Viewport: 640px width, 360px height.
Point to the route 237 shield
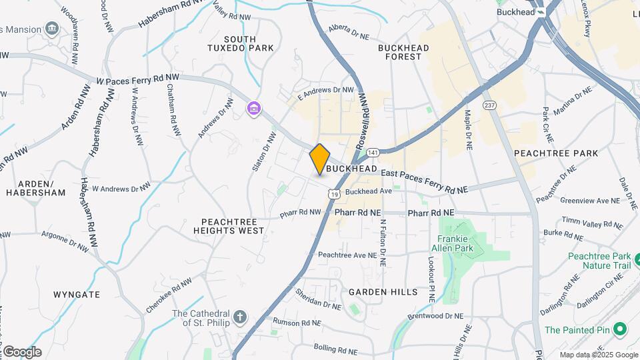(x=490, y=105)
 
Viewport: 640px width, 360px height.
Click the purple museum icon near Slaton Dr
(x=253, y=108)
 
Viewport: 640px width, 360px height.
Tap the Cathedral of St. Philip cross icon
(x=239, y=316)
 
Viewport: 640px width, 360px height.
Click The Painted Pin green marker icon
(x=619, y=329)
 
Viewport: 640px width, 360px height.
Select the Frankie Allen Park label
(x=455, y=245)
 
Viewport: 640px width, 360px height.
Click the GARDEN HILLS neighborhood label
(x=383, y=292)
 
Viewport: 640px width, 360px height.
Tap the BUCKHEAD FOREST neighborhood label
(x=403, y=52)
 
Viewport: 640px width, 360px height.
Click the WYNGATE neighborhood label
(x=77, y=294)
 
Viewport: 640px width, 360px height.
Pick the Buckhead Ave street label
(x=368, y=191)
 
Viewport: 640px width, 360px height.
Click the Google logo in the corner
(x=22, y=351)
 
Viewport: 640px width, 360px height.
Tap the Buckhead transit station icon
(x=541, y=11)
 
